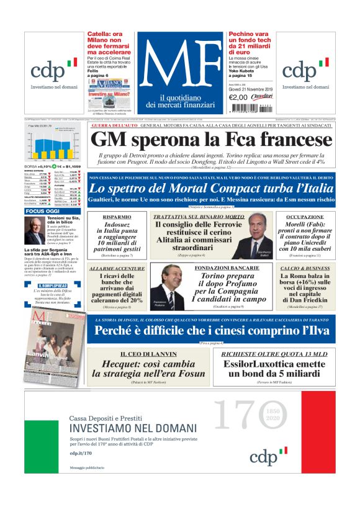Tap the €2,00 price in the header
click(x=238, y=97)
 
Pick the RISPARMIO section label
click(x=117, y=217)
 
